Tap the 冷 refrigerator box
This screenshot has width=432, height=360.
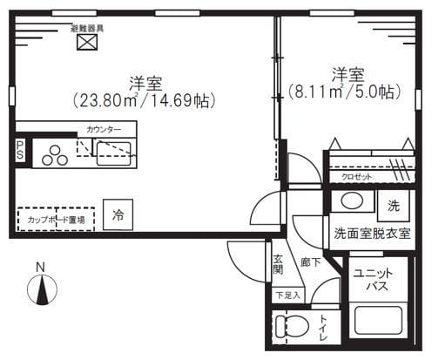tap(116, 214)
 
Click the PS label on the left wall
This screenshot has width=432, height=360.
tap(18, 152)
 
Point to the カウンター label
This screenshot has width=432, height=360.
tap(104, 129)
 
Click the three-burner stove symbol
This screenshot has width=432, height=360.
tap(54, 154)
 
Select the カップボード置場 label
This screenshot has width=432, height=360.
tap(56, 221)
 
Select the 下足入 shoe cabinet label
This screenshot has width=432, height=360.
tap(287, 295)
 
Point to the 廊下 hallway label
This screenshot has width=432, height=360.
tap(310, 262)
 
